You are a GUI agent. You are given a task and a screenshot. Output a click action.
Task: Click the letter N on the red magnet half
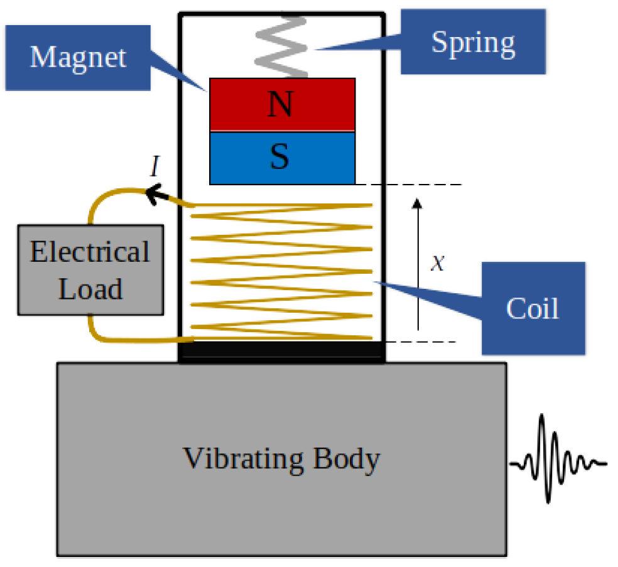tap(280, 105)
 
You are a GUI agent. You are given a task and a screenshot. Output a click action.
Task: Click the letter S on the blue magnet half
tap(279, 157)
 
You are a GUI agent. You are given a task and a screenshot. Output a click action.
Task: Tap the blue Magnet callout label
tap(78, 57)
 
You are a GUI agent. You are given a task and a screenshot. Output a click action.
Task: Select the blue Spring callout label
tap(472, 43)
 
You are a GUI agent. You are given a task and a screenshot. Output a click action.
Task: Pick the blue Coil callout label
tap(533, 308)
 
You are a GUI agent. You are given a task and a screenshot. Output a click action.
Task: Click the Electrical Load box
tap(90, 269)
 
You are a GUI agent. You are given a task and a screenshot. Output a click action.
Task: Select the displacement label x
tap(437, 263)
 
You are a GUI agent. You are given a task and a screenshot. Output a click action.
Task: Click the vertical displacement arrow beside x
tap(418, 264)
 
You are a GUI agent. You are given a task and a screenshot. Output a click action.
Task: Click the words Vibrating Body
tap(281, 459)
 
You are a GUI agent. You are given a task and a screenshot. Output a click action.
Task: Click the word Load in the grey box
tap(90, 289)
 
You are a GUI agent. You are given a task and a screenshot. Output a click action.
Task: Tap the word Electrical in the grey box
tap(90, 252)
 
